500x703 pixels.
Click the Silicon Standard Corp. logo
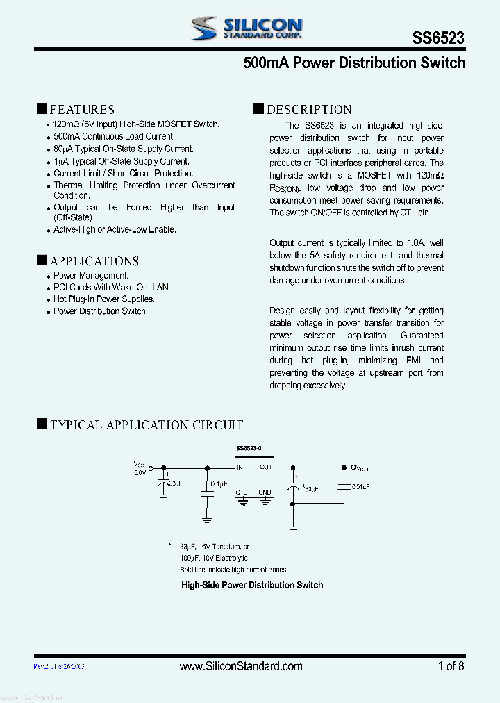(x=247, y=28)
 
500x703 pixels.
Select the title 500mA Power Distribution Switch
(x=354, y=63)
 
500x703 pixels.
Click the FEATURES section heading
(x=81, y=109)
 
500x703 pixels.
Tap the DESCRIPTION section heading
(x=309, y=109)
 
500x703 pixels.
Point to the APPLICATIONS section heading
(x=94, y=261)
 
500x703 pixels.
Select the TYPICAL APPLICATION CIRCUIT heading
(x=146, y=424)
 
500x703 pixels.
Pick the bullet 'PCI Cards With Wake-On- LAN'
(x=110, y=287)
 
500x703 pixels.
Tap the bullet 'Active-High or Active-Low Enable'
(x=115, y=229)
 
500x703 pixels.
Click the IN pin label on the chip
(x=240, y=468)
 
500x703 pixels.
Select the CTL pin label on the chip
(x=241, y=492)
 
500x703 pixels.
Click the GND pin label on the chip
(x=265, y=492)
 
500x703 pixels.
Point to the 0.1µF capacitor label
(x=219, y=484)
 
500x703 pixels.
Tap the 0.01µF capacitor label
(x=360, y=487)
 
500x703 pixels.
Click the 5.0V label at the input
(x=140, y=472)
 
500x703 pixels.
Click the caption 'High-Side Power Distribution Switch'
(x=252, y=585)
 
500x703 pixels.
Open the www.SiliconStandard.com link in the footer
(x=241, y=666)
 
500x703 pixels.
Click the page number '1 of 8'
(x=451, y=666)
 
